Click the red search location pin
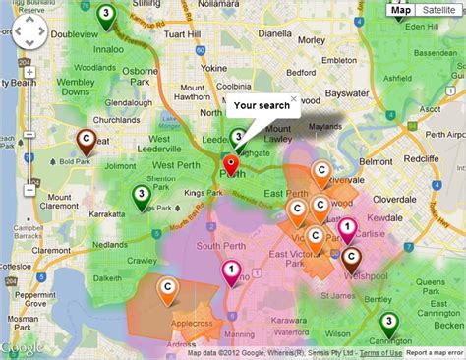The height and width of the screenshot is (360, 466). [x=231, y=163]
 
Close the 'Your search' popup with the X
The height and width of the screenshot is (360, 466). [x=293, y=99]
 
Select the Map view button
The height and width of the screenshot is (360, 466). [x=400, y=11]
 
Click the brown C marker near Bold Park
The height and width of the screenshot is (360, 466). [x=87, y=140]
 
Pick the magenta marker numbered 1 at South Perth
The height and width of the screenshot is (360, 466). [x=231, y=269]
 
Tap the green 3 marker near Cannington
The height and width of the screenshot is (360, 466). [x=389, y=322]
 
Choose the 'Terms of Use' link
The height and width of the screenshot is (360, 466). [x=379, y=353]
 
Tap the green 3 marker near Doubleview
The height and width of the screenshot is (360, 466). [x=105, y=14]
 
